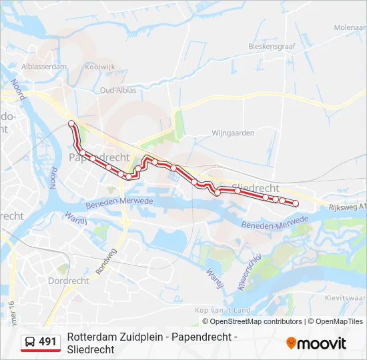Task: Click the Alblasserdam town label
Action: tap(44, 67)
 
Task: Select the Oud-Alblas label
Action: tap(118, 90)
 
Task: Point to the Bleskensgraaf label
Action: tap(271, 47)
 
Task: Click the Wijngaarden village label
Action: tap(233, 133)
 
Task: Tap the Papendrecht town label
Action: tap(99, 157)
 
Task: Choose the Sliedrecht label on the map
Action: tap(257, 188)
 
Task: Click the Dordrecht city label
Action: tap(68, 281)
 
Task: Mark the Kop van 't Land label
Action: tap(222, 311)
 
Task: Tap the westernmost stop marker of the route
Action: tap(71, 123)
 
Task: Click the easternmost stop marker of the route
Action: tap(296, 203)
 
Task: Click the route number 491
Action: tap(47, 342)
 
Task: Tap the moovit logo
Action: tap(316, 343)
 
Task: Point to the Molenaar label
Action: tap(350, 27)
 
